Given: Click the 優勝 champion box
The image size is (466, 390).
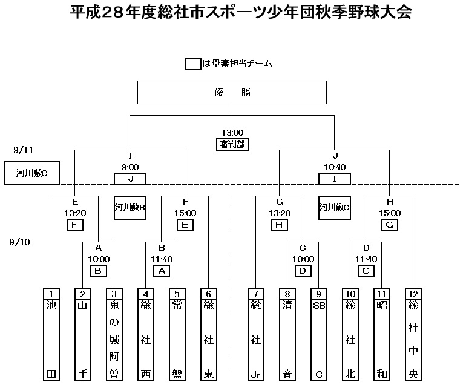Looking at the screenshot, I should (x=232, y=93).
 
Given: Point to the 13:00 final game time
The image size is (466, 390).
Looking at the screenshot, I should (x=232, y=133).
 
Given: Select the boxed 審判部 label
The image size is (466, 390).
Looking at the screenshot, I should (x=232, y=144).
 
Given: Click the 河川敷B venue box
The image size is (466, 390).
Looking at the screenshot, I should (x=129, y=207).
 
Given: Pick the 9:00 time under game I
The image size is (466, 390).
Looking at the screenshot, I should (x=130, y=167).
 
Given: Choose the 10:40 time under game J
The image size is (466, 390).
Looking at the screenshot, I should (x=334, y=167).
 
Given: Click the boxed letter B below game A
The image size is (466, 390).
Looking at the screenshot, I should (x=98, y=270).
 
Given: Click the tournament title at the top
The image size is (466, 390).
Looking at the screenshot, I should (x=232, y=12).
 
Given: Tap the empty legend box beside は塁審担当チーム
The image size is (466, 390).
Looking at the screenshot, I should (x=193, y=64).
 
